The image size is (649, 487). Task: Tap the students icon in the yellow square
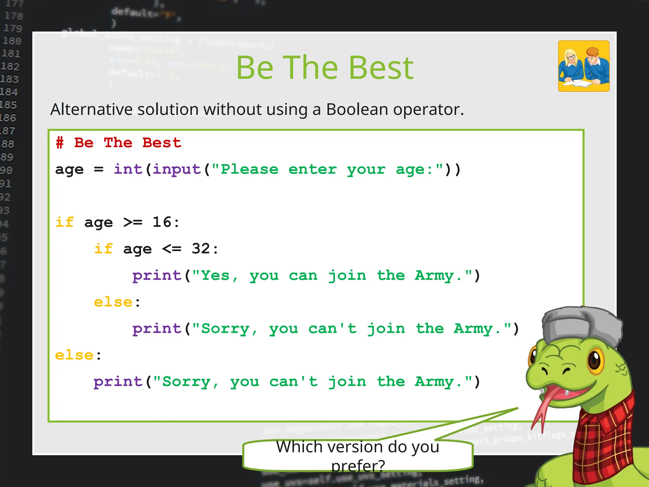tap(583, 66)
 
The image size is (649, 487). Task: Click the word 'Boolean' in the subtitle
tap(357, 109)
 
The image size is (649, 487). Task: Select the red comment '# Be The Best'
tap(118, 143)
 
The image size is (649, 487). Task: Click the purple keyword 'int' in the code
tap(128, 169)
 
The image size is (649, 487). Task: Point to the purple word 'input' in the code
tap(177, 169)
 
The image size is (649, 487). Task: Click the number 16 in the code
tap(162, 222)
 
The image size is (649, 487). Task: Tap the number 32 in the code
tap(201, 249)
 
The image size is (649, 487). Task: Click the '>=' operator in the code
tap(133, 222)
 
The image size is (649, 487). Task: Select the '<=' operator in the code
tap(172, 249)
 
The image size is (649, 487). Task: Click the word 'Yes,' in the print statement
tap(219, 275)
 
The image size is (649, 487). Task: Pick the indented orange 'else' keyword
tap(113, 302)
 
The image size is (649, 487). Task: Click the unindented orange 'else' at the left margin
tap(74, 355)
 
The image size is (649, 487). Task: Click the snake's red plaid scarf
tap(602, 444)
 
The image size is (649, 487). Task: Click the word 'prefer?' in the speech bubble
tap(358, 465)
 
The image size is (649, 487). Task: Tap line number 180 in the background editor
tap(12, 41)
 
